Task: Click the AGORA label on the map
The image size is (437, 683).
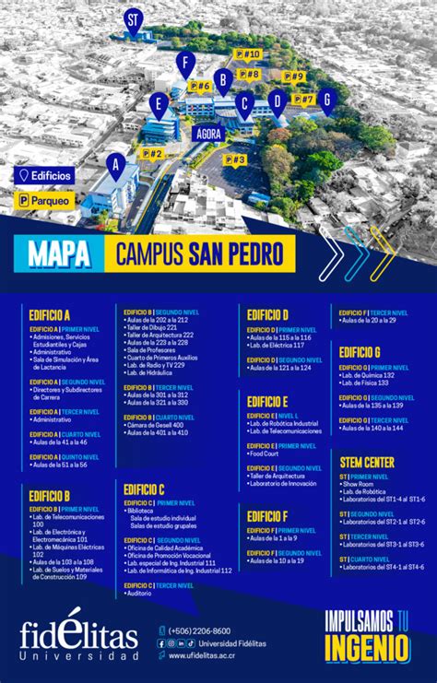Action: (209, 133)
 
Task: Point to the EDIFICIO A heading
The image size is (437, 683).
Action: (51, 314)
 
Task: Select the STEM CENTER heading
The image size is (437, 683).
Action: (367, 461)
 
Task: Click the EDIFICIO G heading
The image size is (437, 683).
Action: (360, 351)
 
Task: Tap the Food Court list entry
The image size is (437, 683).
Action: (265, 453)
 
